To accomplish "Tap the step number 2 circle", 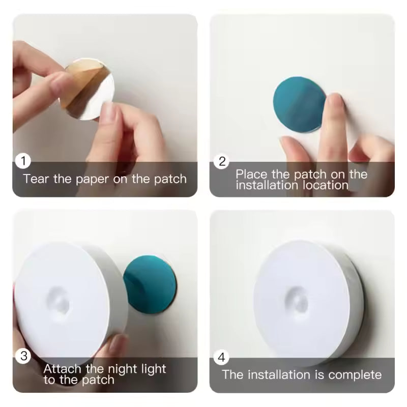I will pyautogui.click(x=222, y=162).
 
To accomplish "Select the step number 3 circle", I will pyautogui.click(x=23, y=356).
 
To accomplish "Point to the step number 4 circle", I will pyautogui.click(x=221, y=357).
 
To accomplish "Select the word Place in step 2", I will pyautogui.click(x=251, y=175).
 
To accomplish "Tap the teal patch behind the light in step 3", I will pyautogui.click(x=152, y=284).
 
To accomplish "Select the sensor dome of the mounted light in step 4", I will pyautogui.click(x=297, y=301).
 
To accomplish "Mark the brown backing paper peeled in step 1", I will pyautogui.click(x=81, y=81).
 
